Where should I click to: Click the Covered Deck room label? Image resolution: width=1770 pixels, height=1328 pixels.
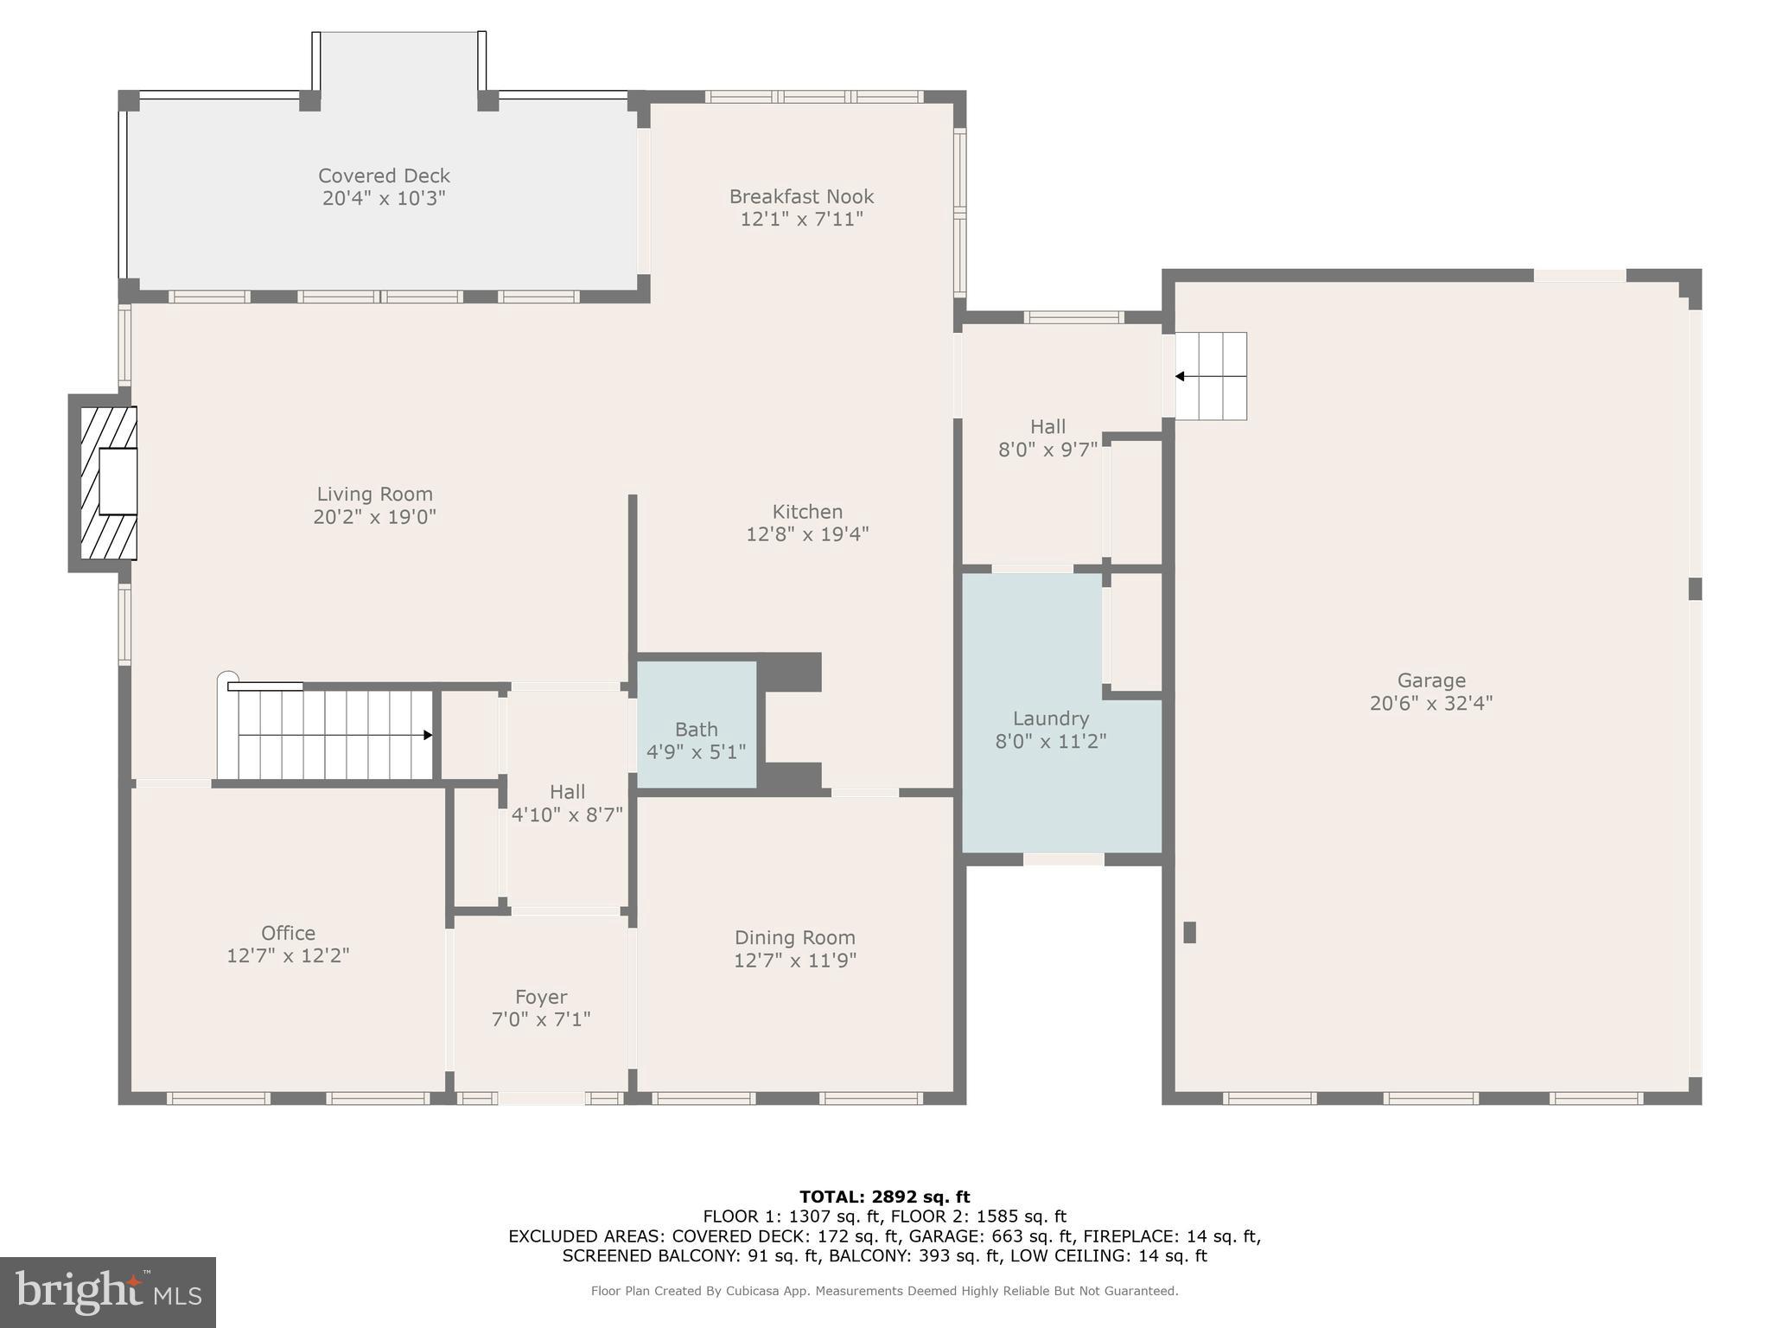384,176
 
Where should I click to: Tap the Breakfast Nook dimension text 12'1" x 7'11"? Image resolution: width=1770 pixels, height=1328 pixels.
801,220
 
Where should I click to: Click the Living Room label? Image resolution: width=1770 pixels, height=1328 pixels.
374,494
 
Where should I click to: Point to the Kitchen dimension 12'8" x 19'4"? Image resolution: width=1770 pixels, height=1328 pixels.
807,534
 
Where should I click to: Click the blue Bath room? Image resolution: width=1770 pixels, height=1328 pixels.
697,725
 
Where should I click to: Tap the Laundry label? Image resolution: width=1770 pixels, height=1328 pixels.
1050,718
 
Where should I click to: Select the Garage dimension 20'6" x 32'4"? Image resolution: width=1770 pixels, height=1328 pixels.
1430,703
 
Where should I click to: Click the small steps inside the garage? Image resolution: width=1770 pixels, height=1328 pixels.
1211,376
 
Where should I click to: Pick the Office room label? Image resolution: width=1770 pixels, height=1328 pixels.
288,933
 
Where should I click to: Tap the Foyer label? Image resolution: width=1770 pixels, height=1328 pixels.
541,997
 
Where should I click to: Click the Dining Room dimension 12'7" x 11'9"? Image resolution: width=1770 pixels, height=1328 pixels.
794,961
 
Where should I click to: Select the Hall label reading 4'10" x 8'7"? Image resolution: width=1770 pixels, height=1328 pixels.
567,803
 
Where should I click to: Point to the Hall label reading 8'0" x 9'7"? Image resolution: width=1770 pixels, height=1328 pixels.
1047,438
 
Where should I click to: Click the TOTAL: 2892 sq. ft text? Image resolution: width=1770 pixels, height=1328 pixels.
884,1197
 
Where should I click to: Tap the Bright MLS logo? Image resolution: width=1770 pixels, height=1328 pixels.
108,1292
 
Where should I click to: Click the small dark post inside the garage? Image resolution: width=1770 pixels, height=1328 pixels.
1189,932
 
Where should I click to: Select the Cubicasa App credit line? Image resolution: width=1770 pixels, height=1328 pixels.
884,1291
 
